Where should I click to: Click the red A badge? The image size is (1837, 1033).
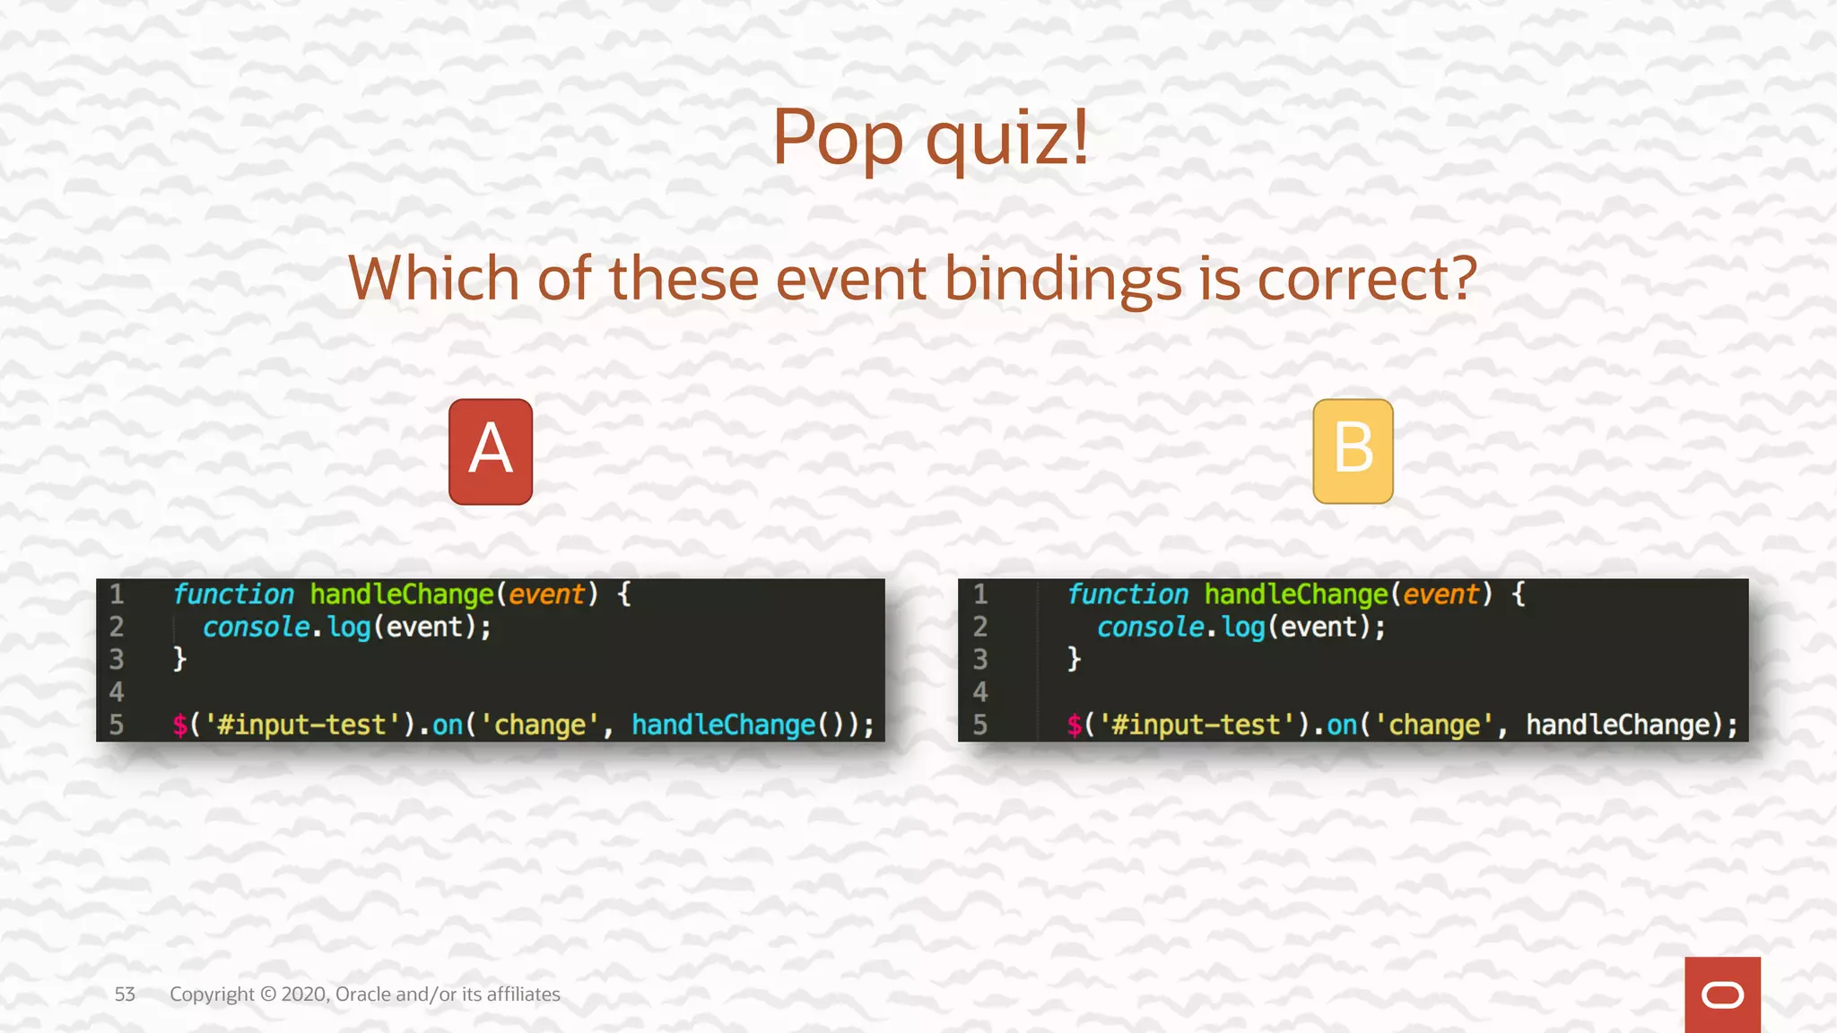point(491,451)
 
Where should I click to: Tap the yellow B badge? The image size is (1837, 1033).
point(1353,451)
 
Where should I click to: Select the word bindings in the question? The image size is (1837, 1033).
point(1063,279)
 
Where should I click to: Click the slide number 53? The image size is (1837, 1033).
point(125,994)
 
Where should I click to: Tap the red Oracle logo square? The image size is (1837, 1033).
point(1722,994)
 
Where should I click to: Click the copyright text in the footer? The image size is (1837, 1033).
point(365,994)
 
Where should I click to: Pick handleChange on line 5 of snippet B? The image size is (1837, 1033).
point(1618,725)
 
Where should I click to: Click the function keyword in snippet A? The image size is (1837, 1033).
point(233,594)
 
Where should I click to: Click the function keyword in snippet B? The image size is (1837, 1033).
point(1127,594)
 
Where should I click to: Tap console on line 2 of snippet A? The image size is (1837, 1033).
point(256,627)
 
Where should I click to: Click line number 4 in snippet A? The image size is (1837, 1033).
point(117,691)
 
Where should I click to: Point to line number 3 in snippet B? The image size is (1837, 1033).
point(980,659)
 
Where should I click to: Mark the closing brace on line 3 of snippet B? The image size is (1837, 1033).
point(1074,659)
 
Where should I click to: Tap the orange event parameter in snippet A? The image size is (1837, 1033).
point(546,594)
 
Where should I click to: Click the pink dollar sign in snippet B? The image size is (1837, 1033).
point(1075,725)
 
